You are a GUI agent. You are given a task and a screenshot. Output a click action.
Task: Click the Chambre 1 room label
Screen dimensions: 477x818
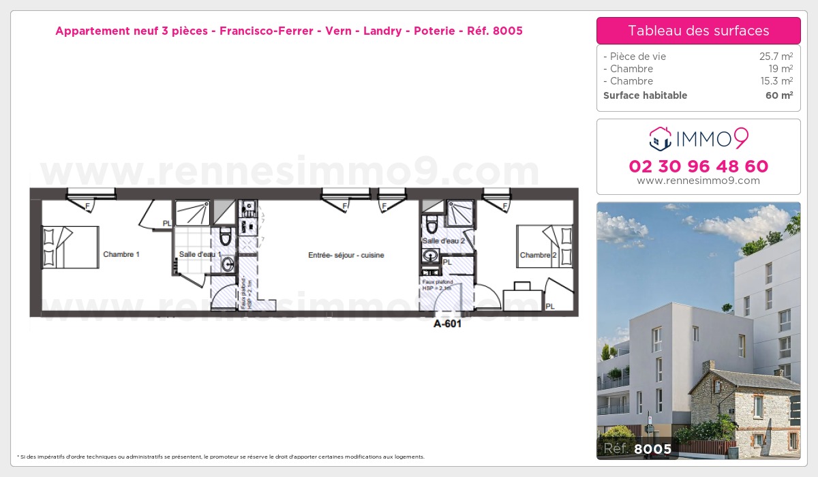[x=121, y=255]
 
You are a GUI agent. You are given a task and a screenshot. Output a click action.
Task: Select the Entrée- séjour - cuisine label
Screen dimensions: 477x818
[x=346, y=256]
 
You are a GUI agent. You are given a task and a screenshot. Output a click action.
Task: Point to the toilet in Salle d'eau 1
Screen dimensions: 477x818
[x=226, y=236]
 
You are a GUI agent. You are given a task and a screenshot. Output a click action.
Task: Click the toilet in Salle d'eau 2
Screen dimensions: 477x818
[x=431, y=224]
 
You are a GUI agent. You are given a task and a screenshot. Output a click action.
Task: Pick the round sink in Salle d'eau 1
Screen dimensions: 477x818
[x=227, y=264]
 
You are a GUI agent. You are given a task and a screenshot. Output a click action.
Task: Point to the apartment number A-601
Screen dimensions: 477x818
[x=448, y=324]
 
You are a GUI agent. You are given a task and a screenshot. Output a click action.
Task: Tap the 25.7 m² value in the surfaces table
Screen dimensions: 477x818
[x=776, y=57]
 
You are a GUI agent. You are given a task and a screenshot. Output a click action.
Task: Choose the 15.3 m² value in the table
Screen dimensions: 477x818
[x=776, y=81]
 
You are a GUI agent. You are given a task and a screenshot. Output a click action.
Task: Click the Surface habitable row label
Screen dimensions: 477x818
[x=645, y=95]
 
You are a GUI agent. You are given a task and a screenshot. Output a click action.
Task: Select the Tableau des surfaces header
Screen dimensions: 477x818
[x=698, y=31]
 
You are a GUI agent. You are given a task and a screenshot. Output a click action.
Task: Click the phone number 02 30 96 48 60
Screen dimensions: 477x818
[x=698, y=166]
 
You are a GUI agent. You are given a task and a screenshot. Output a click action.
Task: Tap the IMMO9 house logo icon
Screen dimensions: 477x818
[x=660, y=139]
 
